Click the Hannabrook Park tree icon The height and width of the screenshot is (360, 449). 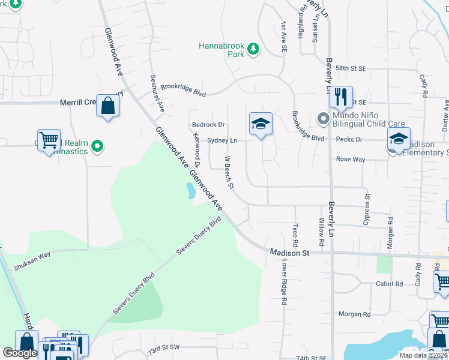253,48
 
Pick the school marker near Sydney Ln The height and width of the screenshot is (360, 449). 261,124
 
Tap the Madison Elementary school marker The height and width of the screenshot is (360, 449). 399,139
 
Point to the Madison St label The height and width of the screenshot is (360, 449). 289,253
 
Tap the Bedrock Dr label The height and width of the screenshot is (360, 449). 208,125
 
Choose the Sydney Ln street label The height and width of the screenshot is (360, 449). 222,140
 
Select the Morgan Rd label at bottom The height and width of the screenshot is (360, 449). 354,314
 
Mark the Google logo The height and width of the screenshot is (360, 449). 20,353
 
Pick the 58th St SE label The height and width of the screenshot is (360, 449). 351,69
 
